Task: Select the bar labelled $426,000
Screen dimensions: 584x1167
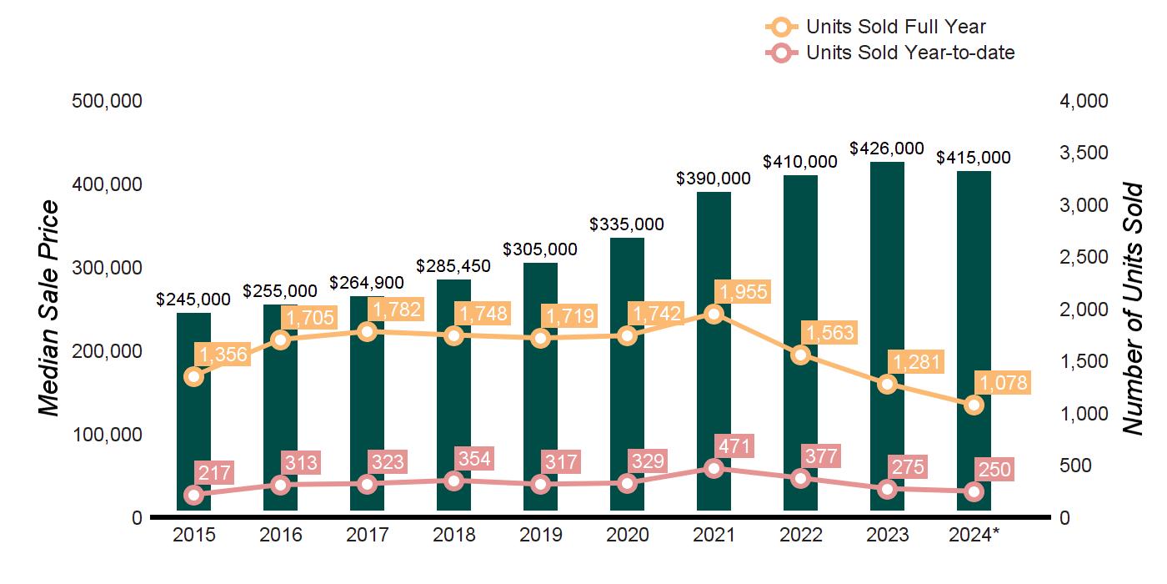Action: (887, 334)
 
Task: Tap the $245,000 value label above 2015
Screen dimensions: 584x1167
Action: (193, 299)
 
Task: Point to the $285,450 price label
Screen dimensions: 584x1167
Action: (453, 266)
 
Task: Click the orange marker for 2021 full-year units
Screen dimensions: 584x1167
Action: (714, 314)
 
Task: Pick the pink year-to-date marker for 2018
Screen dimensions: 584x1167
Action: (453, 481)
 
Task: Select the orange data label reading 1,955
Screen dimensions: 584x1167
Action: (742, 291)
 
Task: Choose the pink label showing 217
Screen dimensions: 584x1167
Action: (213, 471)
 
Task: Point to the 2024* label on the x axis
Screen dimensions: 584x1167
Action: (974, 535)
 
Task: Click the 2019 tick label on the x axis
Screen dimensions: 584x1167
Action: (540, 535)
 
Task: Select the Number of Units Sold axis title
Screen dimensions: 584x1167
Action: (1132, 309)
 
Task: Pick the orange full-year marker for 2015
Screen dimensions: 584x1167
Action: (193, 376)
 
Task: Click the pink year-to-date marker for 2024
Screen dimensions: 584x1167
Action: (974, 491)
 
